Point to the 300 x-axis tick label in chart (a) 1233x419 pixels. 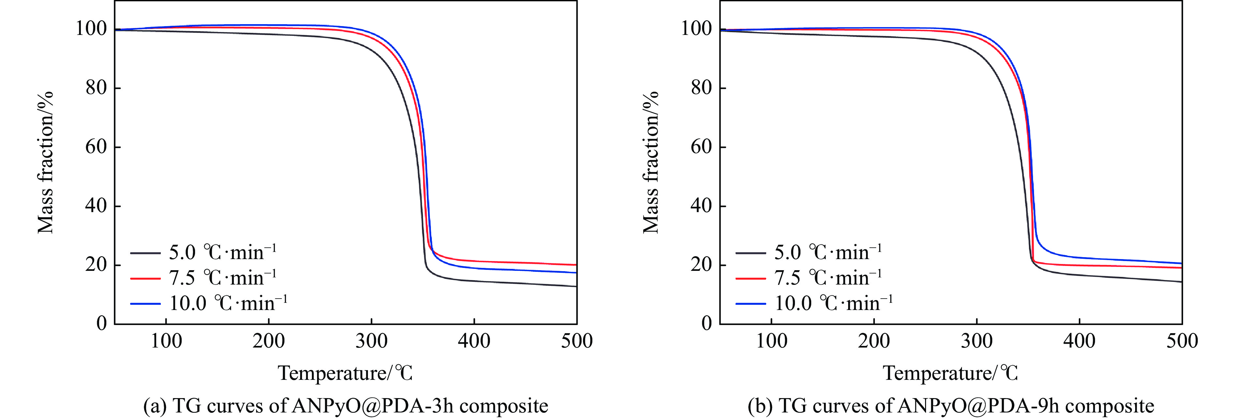click(x=372, y=341)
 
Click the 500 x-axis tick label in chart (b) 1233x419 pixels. click(x=1182, y=341)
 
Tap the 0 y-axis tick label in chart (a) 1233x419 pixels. click(x=101, y=324)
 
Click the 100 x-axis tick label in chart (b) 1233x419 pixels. click(x=771, y=341)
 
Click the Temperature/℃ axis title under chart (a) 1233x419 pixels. click(x=345, y=373)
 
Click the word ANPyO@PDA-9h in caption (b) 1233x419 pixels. click(x=978, y=406)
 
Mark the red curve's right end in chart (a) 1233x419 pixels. click(x=575, y=265)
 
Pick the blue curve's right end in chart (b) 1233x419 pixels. click(x=1181, y=263)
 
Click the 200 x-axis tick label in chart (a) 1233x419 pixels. click(x=268, y=341)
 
